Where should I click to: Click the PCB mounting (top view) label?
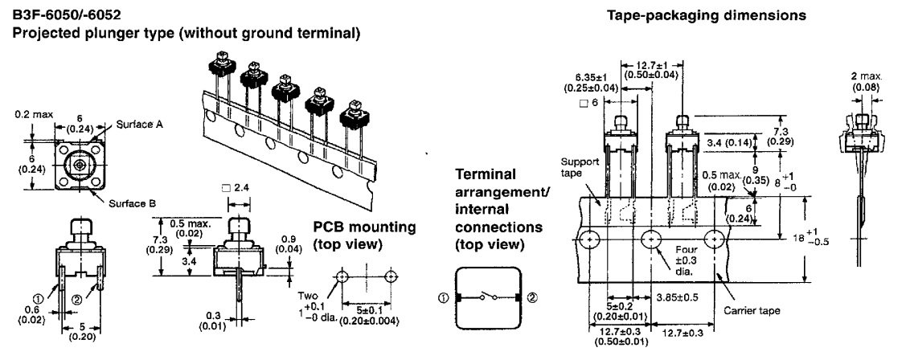click(x=363, y=235)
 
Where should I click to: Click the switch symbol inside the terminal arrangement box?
click(x=489, y=297)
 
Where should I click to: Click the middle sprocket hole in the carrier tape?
click(x=651, y=239)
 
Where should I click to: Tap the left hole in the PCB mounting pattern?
click(x=343, y=276)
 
